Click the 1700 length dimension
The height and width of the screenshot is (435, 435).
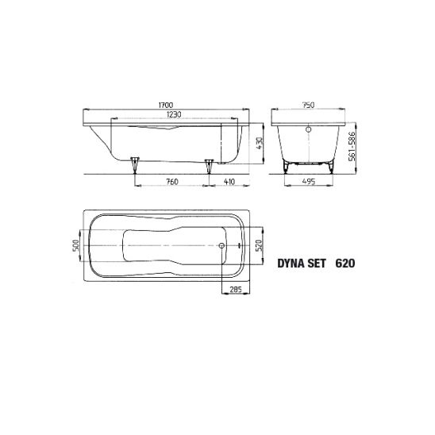166,105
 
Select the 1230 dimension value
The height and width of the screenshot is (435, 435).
174,114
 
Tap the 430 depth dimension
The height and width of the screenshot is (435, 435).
260,144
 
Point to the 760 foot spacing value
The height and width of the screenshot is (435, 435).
172,182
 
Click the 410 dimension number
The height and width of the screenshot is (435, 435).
229,182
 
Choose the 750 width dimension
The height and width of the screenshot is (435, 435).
308,105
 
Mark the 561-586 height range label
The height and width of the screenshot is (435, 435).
352,147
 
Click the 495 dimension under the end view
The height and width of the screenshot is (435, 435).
309,182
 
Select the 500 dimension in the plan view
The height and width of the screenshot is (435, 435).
75,245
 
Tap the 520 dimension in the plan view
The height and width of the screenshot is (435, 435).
258,245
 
